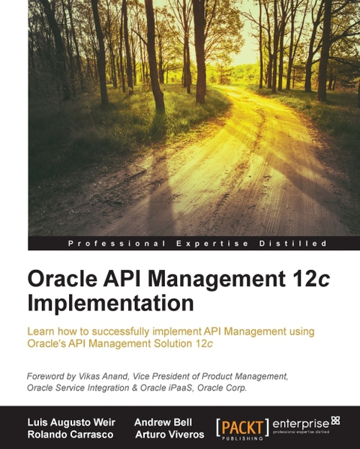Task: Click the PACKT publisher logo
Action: (x=241, y=425)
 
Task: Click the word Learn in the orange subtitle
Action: (x=41, y=331)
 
